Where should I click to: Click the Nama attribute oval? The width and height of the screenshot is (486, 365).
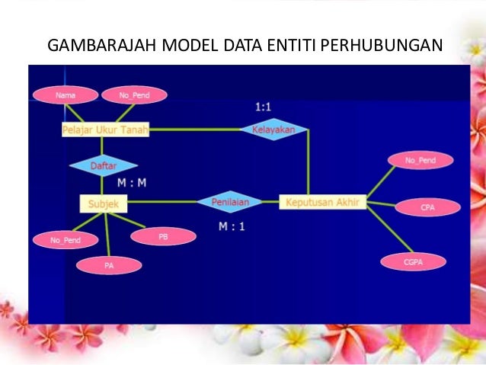[x=66, y=95]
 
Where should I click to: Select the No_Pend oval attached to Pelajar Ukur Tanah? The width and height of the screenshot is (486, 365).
[x=134, y=95]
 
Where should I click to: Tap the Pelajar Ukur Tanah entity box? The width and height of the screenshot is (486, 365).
[x=105, y=130]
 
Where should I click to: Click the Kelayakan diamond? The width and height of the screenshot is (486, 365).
[x=273, y=130]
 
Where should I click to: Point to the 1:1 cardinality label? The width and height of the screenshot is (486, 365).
[x=263, y=108]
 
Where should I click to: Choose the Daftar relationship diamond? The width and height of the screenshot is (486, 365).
[x=103, y=165]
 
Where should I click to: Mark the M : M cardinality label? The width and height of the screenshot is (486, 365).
[x=132, y=184]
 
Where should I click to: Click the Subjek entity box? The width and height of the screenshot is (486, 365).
[x=103, y=203]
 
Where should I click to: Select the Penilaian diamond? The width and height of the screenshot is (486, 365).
[x=229, y=202]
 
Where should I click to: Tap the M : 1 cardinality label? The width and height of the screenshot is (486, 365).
[x=232, y=226]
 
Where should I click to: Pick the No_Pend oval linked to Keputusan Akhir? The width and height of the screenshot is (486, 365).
[x=420, y=161]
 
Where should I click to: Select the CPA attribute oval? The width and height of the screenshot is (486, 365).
[x=427, y=207]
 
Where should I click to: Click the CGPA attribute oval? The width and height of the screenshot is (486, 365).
[x=412, y=261]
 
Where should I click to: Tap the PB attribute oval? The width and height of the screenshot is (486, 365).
[x=162, y=237]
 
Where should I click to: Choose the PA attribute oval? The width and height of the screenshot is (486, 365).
[x=109, y=266]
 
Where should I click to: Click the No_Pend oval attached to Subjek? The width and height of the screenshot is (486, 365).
[x=65, y=241]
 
